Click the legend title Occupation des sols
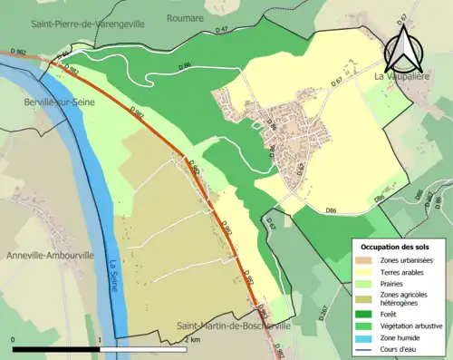point(397,247)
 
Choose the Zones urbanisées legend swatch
point(369,261)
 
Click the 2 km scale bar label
point(192,339)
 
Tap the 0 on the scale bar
point(14,339)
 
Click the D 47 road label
point(221,31)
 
